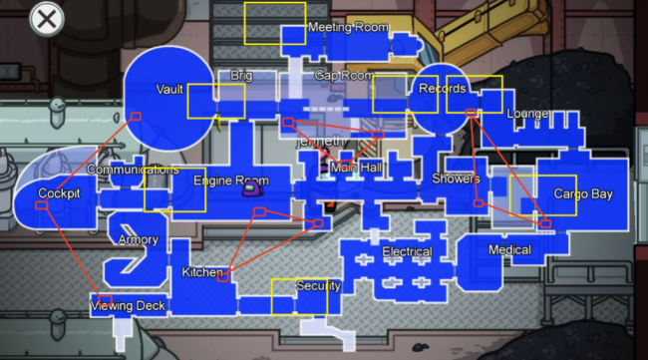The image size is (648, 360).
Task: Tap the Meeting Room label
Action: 347,27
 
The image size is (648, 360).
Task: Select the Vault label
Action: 169,90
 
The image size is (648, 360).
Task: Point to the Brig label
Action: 241,76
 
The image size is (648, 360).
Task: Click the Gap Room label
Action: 344,76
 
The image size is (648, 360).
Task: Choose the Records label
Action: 442,89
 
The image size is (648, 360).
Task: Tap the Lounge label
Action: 527,114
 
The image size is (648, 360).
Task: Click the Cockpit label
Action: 59,192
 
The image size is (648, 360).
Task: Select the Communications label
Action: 133,170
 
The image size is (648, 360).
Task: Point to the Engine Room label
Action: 230,181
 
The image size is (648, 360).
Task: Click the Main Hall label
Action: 354,168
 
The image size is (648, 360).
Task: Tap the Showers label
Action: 456,180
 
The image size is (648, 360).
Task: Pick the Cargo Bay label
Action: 583,194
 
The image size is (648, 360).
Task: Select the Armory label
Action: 138,240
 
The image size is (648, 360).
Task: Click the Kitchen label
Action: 202,272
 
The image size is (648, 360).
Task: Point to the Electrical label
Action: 407,252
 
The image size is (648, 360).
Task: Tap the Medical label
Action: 509,249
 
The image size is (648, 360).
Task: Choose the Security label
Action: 318,286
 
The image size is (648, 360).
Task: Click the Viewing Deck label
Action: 129,305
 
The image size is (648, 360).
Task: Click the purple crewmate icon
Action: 253,183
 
